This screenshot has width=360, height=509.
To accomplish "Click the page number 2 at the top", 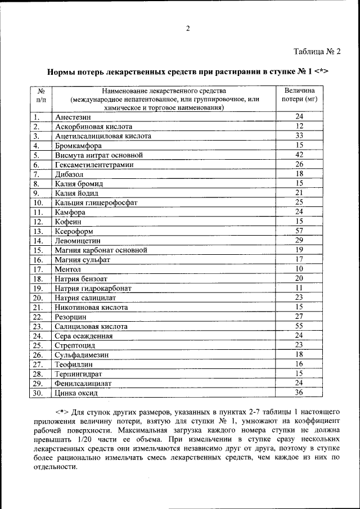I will click(x=188, y=29).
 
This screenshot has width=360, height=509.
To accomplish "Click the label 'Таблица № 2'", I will click(x=317, y=52).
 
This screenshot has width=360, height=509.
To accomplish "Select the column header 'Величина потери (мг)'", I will click(x=299, y=94).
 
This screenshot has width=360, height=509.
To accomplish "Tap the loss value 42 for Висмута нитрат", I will click(x=299, y=155).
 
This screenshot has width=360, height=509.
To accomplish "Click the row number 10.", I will click(x=38, y=202).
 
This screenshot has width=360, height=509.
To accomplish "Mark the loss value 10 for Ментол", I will click(x=299, y=269).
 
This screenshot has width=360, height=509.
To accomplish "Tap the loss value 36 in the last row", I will click(x=299, y=393).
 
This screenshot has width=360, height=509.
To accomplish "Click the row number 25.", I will click(x=38, y=345).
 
